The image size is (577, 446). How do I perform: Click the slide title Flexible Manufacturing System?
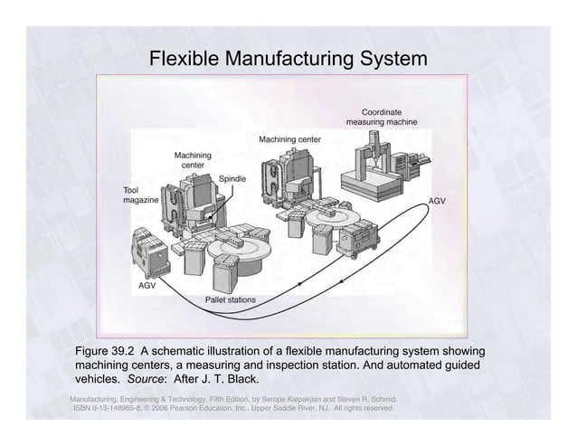point(288,61)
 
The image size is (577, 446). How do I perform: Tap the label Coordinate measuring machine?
point(381,117)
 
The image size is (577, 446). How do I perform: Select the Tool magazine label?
point(141,195)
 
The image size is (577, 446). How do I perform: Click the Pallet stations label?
point(231,299)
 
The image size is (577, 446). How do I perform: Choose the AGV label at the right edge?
point(438,199)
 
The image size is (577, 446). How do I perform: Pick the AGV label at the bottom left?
point(147,285)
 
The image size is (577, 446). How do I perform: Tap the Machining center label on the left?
point(194,160)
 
